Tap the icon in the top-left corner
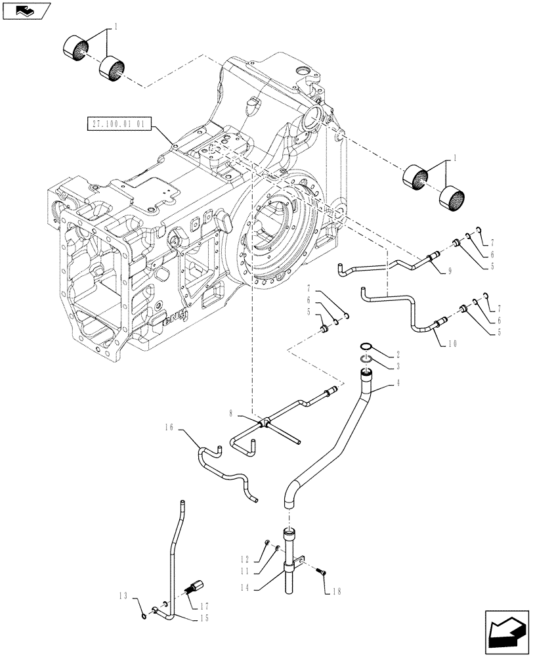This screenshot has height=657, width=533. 24,10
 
